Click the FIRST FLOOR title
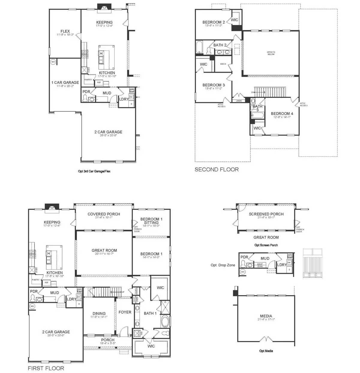(46, 368)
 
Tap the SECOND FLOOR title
(217, 170)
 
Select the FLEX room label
(65, 31)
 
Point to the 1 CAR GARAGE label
(65, 83)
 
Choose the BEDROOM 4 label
(282, 113)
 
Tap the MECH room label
(223, 64)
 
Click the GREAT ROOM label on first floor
(104, 250)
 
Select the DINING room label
(99, 313)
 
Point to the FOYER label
(125, 312)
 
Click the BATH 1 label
(150, 313)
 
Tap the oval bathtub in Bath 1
(165, 322)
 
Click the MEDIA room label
(266, 316)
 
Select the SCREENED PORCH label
(266, 214)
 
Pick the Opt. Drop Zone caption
(223, 265)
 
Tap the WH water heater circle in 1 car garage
(53, 62)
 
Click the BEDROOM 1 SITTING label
(151, 221)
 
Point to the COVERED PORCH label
(103, 214)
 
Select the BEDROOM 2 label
(213, 22)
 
